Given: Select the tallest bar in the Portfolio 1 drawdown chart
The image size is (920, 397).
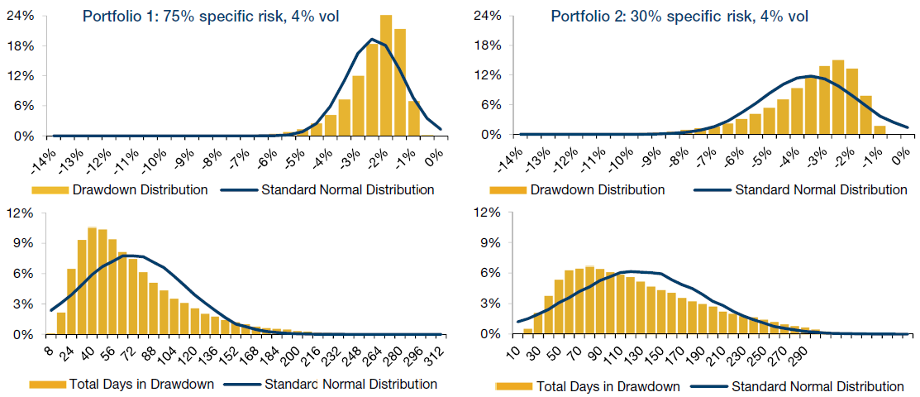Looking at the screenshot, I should [x=386, y=75].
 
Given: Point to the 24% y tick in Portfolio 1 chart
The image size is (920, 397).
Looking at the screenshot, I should [x=21, y=16].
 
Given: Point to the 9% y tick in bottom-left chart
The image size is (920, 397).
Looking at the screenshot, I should [x=21, y=244].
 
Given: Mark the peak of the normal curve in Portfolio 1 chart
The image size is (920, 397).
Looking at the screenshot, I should [x=373, y=39].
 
